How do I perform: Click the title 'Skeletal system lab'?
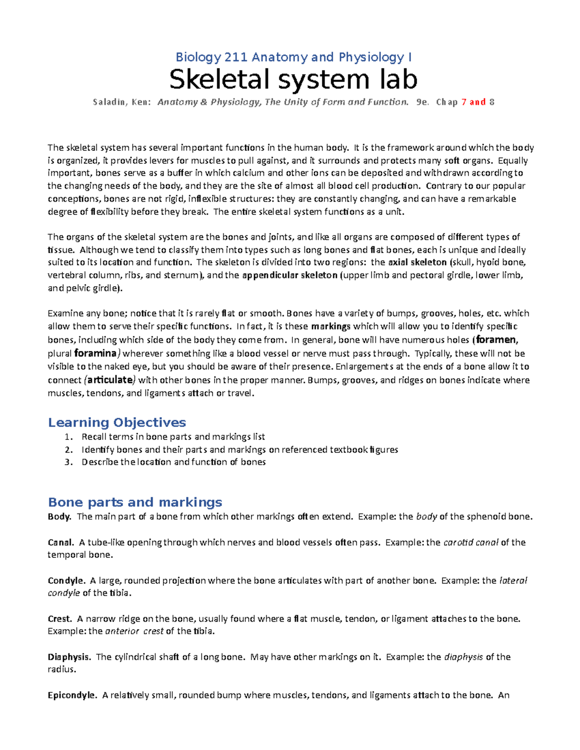(293, 80)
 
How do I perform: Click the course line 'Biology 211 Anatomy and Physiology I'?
(293, 57)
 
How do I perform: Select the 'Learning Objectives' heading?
(116, 423)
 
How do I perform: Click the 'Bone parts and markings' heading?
(135, 502)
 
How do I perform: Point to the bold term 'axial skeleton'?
(417, 262)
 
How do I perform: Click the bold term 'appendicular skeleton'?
(290, 275)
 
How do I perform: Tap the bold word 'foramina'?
(95, 354)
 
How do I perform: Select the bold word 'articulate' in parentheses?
(110, 380)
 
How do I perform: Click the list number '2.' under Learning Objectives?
(69, 450)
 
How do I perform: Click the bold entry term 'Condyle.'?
(66, 580)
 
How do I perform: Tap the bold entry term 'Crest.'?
(60, 619)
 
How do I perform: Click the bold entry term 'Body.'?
(59, 517)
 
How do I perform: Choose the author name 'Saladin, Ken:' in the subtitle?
(122, 102)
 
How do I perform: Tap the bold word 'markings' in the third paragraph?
(331, 326)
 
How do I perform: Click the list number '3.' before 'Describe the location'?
(69, 462)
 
